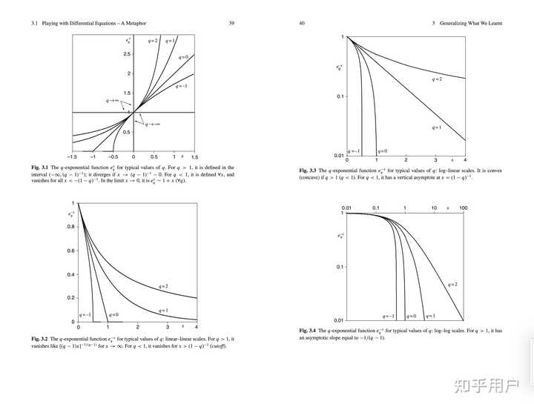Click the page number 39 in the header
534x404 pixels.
[x=231, y=24]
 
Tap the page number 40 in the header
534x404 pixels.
[x=302, y=24]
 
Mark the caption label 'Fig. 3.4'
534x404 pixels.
[x=308, y=330]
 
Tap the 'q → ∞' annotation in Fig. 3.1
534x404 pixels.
[x=113, y=99]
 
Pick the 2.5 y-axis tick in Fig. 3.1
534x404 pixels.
[x=127, y=54]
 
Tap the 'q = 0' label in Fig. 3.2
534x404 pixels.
[x=113, y=316]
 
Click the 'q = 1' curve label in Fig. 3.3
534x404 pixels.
[x=438, y=128]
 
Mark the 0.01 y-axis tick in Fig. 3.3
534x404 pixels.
[x=338, y=156]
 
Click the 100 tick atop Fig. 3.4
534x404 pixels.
[x=462, y=208]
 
